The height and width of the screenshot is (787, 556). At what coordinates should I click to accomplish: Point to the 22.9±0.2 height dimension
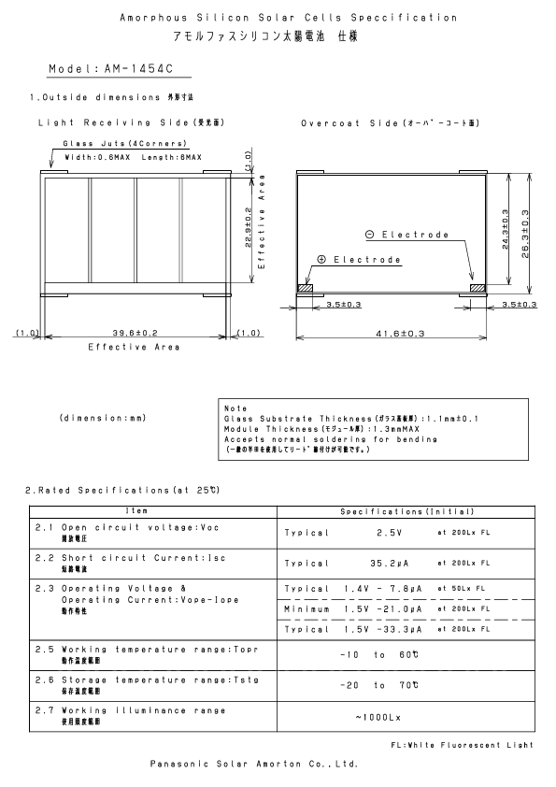click(x=248, y=229)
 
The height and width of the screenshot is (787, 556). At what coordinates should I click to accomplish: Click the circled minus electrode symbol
click(x=370, y=235)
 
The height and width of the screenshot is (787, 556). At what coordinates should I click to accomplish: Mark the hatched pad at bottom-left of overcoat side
click(x=304, y=290)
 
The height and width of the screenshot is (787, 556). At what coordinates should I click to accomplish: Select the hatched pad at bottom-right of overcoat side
click(x=478, y=290)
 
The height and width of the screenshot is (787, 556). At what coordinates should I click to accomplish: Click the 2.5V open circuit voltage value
click(x=389, y=533)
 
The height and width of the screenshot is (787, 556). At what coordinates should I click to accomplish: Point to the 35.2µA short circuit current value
click(x=392, y=564)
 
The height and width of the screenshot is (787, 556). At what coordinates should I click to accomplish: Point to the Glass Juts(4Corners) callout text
click(x=124, y=143)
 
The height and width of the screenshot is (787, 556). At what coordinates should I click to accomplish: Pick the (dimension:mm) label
click(x=102, y=418)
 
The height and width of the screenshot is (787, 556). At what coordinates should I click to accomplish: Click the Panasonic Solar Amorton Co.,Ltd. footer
click(x=253, y=763)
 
